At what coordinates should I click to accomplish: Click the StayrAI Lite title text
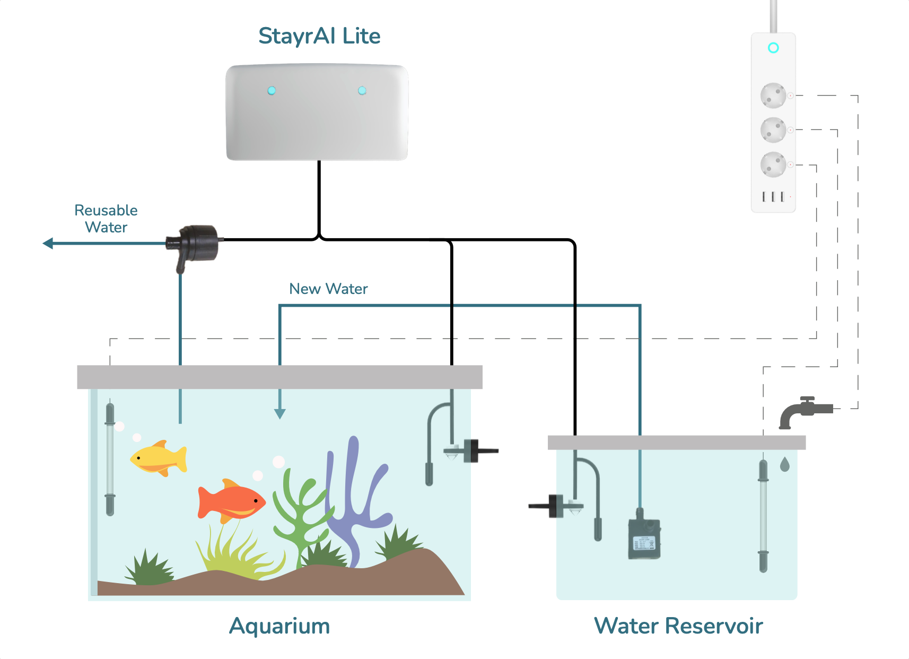319,36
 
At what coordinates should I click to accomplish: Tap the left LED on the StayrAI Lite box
272,91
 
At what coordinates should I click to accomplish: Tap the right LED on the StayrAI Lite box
362,91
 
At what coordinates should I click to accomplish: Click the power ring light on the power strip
773,48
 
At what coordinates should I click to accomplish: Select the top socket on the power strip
773,96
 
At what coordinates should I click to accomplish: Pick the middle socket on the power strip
773,130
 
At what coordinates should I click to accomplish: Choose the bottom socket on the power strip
773,164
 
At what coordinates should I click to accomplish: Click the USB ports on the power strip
773,197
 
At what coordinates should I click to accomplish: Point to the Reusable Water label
106,219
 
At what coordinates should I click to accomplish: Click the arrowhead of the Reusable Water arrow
48,244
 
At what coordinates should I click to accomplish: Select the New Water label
328,289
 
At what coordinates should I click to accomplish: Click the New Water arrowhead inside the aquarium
280,414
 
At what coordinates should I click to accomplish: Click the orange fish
231,501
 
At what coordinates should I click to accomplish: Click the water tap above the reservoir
803,411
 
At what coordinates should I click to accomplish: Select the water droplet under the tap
785,465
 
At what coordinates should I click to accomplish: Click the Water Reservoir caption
678,626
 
